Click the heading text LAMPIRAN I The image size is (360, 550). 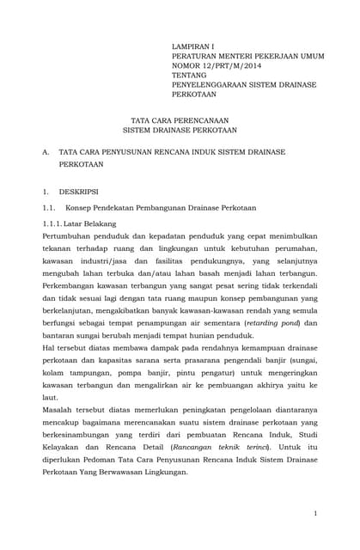click(x=196, y=43)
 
